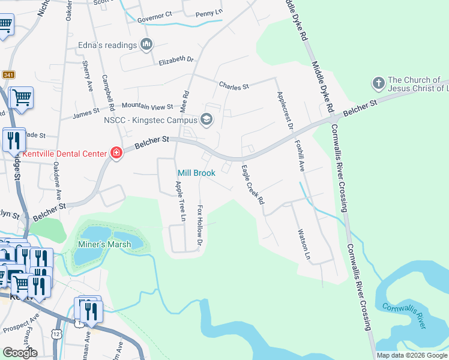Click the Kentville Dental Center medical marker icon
coord(116,153)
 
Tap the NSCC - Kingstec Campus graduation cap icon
coord(206,120)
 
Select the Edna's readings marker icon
coord(146,44)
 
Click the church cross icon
coord(378,82)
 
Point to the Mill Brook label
coord(196,173)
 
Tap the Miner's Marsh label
coord(104,244)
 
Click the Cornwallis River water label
coord(404,315)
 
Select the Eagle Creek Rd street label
coord(253,185)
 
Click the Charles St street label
coord(234,86)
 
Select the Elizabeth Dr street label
coord(177,60)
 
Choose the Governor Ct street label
coord(154,13)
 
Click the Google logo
coord(20,353)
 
